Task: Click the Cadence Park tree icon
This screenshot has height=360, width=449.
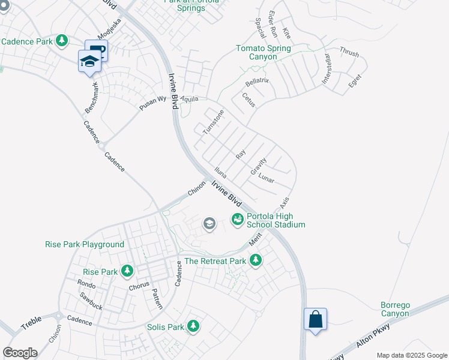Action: click(x=61, y=41)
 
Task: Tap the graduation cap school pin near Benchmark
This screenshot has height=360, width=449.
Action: click(x=89, y=61)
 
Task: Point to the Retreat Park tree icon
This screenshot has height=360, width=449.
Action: click(x=256, y=260)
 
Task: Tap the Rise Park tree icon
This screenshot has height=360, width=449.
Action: click(x=127, y=271)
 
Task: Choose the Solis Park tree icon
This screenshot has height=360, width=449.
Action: click(x=193, y=326)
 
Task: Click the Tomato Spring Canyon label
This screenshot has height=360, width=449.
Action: click(x=264, y=52)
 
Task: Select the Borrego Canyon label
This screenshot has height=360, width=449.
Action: click(x=395, y=309)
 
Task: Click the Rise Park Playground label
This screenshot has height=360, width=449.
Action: click(x=85, y=244)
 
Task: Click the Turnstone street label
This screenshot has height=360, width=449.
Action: click(x=213, y=122)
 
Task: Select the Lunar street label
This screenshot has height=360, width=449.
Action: click(x=266, y=178)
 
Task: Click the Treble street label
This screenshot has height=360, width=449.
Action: click(x=32, y=325)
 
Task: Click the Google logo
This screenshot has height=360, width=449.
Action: click(x=19, y=353)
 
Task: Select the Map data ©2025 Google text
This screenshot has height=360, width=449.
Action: click(x=411, y=355)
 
